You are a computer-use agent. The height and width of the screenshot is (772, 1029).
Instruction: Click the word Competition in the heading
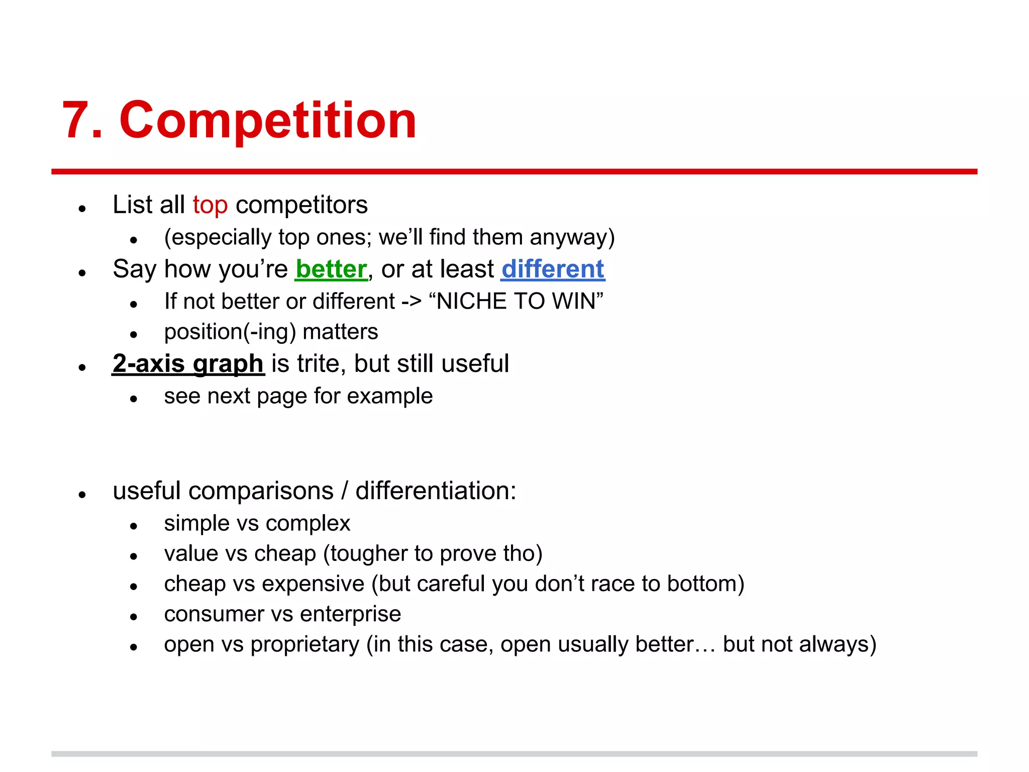(267, 121)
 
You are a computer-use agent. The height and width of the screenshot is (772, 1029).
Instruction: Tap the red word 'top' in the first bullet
(210, 205)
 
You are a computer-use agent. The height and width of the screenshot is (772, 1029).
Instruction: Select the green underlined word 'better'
(331, 269)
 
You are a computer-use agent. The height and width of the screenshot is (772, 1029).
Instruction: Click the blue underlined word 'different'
(553, 269)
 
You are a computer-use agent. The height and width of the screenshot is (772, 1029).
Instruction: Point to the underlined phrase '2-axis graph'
(188, 363)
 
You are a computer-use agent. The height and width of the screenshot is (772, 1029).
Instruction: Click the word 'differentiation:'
(436, 491)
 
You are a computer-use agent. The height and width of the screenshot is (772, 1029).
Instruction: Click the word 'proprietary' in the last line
(304, 645)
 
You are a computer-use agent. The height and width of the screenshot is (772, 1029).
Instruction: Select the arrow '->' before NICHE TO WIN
(411, 302)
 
